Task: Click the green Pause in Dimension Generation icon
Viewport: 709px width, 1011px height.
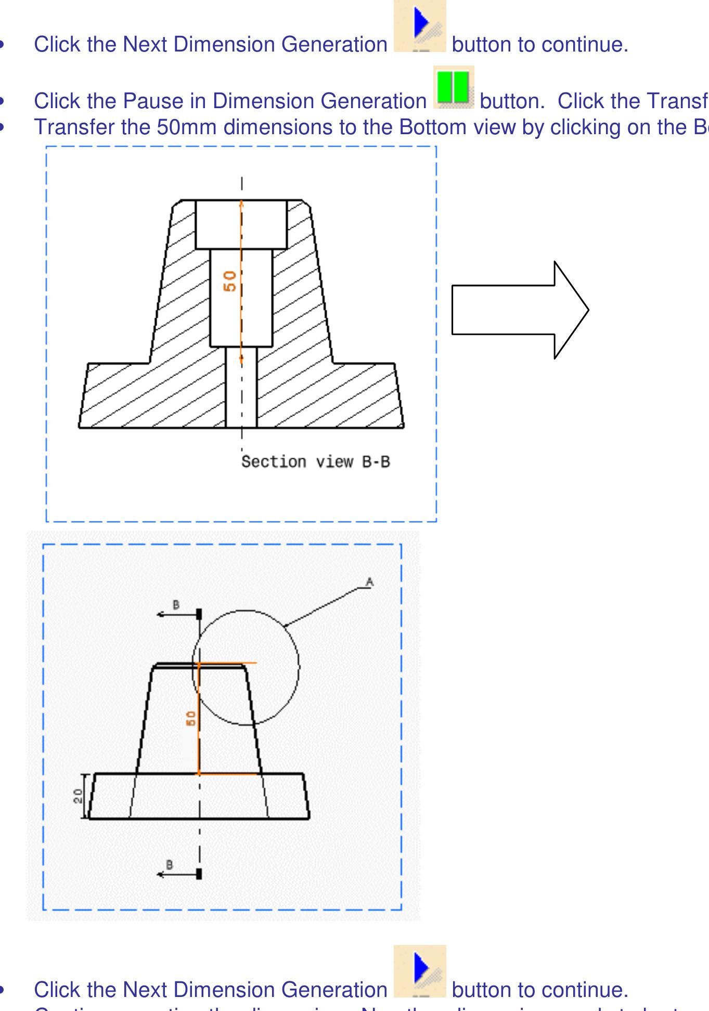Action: [x=454, y=87]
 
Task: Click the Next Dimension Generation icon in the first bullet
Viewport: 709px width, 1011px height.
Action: [x=420, y=26]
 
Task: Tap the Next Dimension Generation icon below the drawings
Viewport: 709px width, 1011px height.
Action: [x=420, y=971]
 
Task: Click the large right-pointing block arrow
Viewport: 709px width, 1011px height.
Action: [x=520, y=310]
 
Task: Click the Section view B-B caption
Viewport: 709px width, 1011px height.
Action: [x=315, y=462]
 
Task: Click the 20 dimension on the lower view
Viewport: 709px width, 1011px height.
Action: [x=78, y=796]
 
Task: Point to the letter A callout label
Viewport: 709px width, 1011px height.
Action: [x=369, y=582]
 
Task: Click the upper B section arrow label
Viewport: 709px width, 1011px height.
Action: [x=176, y=605]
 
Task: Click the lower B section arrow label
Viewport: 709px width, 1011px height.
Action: [x=169, y=864]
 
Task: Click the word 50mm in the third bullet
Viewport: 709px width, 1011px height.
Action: [x=187, y=127]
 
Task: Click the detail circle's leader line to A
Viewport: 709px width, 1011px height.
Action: [x=323, y=606]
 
